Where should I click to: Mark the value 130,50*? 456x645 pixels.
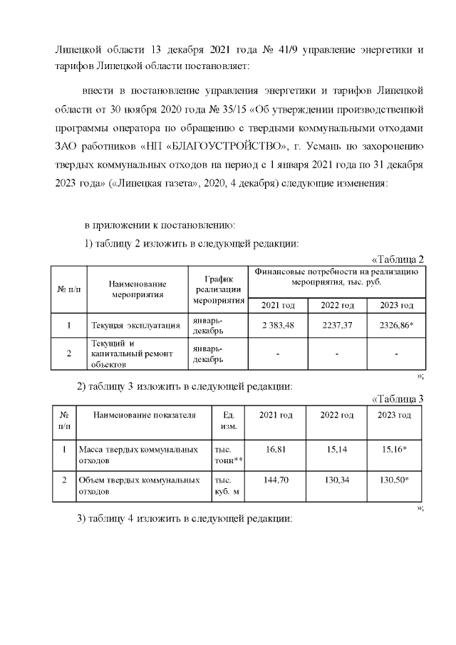(394, 481)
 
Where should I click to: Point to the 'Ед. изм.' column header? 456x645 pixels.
(229, 420)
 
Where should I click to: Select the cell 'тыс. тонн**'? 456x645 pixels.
(229, 456)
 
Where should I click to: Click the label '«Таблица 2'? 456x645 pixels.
(398, 259)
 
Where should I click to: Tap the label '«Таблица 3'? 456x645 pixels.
(398, 398)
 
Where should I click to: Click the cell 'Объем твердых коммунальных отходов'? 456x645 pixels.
(138, 486)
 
